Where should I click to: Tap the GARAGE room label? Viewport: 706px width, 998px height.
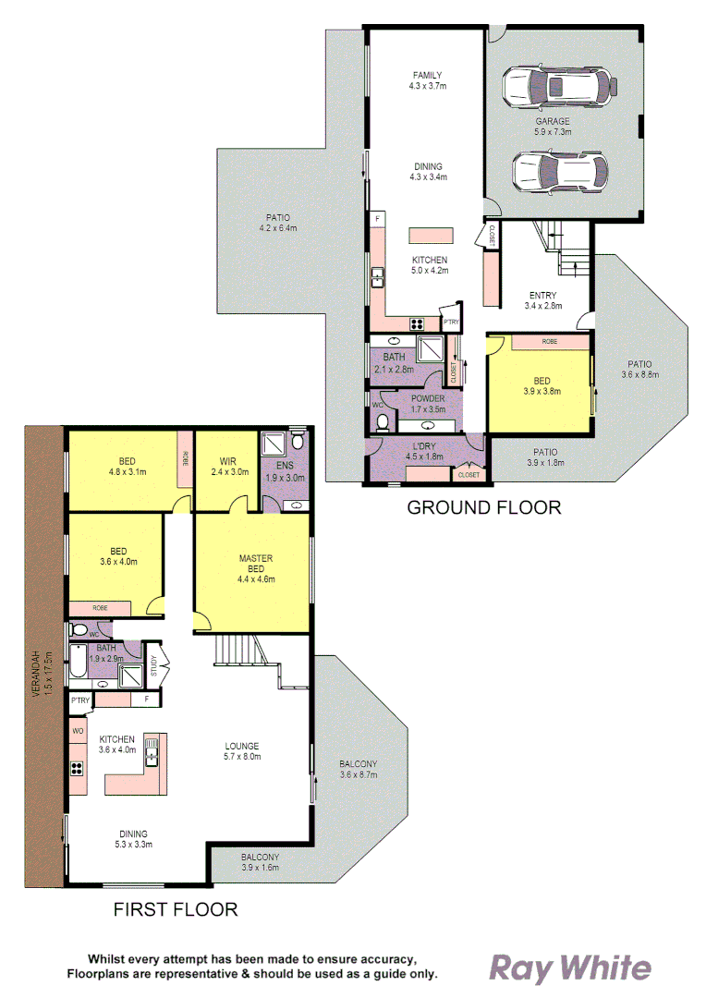[553, 121]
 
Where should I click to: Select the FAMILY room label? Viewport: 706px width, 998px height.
[427, 76]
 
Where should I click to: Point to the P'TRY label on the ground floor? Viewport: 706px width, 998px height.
[451, 323]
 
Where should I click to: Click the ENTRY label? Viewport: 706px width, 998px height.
[542, 296]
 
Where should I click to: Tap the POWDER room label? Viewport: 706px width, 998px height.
[429, 399]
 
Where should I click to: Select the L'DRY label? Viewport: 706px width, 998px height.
[425, 444]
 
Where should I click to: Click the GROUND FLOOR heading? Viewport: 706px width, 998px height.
[484, 506]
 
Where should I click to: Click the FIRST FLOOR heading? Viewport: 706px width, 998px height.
[176, 909]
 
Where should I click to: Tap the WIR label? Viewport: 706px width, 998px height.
[229, 461]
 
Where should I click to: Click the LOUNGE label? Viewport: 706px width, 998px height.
[243, 746]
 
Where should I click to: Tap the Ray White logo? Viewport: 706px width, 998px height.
[569, 968]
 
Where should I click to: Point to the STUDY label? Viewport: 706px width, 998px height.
[153, 666]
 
